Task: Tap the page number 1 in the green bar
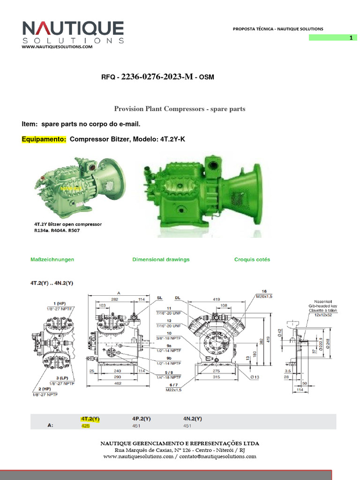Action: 350,38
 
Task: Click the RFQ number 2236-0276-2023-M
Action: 157,77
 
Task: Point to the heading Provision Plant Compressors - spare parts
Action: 180,109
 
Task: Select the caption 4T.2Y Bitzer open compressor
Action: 68,225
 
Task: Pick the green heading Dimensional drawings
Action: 161,259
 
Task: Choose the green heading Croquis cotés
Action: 252,259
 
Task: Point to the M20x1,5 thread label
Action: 264,296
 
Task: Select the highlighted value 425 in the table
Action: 85,426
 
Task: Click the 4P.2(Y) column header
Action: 141,418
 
